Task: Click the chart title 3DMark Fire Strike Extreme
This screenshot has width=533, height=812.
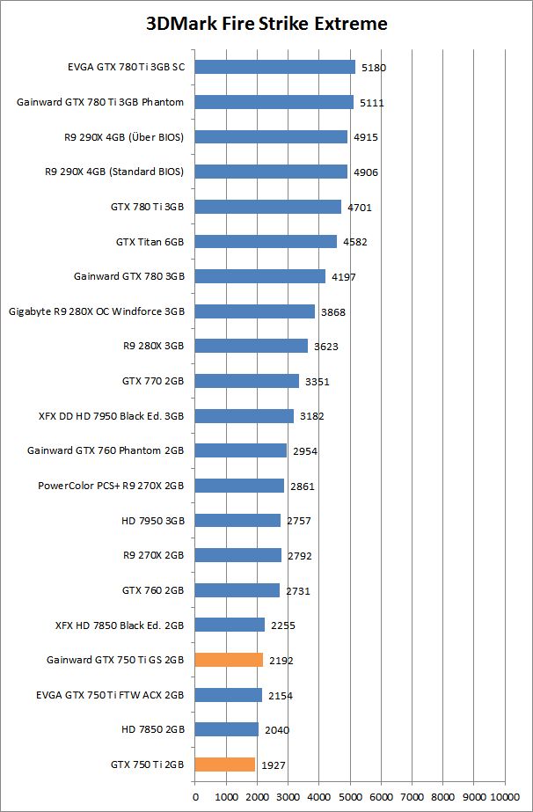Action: pyautogui.click(x=266, y=24)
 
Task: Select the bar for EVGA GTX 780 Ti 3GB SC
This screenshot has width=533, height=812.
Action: pyautogui.click(x=274, y=67)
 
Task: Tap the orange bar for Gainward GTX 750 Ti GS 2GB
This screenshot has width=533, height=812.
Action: pyautogui.click(x=229, y=660)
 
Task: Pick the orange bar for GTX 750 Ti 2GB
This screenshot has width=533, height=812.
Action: pyautogui.click(x=225, y=764)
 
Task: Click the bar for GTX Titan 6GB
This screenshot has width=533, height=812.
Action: pyautogui.click(x=266, y=241)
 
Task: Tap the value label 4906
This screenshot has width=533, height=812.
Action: pyautogui.click(x=366, y=172)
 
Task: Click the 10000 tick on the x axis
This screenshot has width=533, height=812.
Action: pyautogui.click(x=505, y=797)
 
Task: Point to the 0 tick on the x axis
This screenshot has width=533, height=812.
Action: pyautogui.click(x=195, y=797)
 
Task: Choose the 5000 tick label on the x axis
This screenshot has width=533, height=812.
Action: pyautogui.click(x=350, y=797)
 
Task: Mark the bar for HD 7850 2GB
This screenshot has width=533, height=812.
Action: pyautogui.click(x=227, y=729)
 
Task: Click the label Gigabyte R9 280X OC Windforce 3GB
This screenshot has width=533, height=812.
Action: pyautogui.click(x=97, y=311)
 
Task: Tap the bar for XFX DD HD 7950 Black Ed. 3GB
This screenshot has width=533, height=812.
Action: pyautogui.click(x=245, y=415)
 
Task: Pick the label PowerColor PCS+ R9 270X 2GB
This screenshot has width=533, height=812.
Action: pyautogui.click(x=111, y=485)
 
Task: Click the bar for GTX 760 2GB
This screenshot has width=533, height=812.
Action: pyautogui.click(x=237, y=589)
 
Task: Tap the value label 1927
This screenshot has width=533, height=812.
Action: pyautogui.click(x=274, y=765)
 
